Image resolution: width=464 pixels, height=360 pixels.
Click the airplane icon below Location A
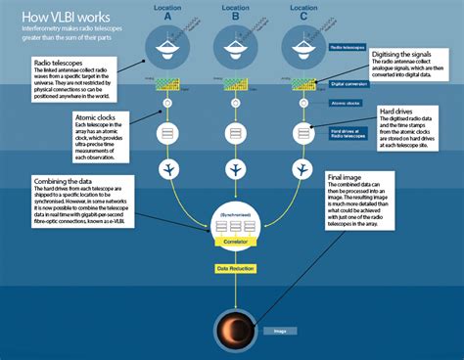(x=167, y=169)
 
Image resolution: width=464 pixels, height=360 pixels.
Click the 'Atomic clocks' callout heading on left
(x=96, y=117)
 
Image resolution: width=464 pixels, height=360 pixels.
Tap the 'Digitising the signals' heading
(x=407, y=54)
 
